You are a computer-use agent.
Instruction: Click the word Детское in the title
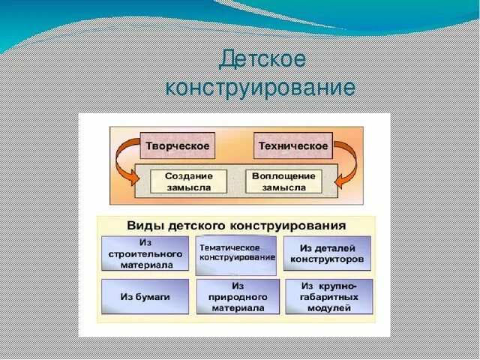262,59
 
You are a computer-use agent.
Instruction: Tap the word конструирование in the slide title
260,88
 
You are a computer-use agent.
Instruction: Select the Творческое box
178,146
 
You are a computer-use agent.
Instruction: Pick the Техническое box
292,146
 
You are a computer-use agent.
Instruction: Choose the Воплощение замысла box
283,181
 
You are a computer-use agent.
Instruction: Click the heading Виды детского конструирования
236,224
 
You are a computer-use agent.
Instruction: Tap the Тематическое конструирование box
236,254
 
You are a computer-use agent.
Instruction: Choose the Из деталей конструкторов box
327,253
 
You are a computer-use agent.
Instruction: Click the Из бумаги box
145,296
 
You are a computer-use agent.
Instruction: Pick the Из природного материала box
238,297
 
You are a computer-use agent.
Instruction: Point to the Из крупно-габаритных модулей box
328,297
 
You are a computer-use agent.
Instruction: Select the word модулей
328,307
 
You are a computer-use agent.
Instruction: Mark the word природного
238,297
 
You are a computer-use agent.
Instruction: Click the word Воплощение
283,175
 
